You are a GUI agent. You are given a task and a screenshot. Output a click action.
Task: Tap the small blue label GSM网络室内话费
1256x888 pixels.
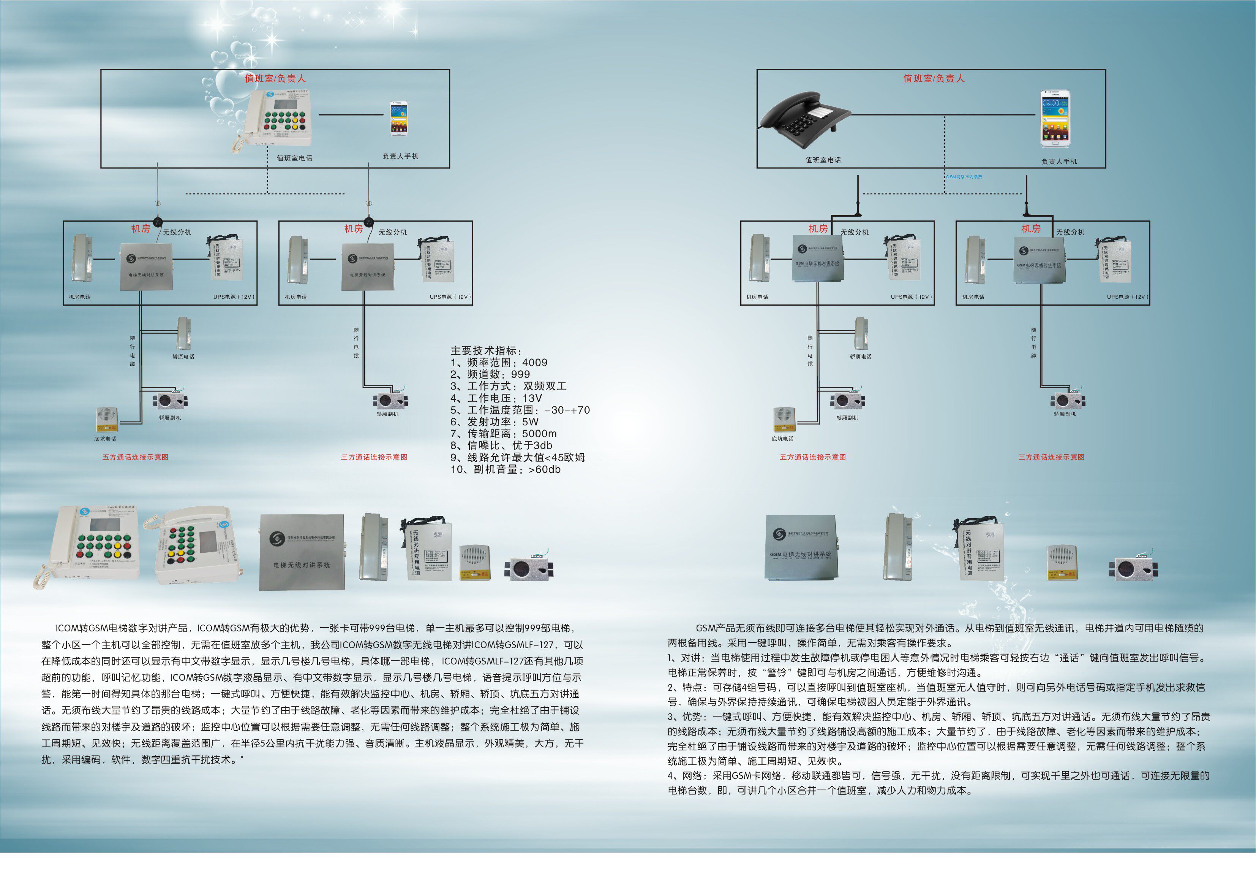(964, 177)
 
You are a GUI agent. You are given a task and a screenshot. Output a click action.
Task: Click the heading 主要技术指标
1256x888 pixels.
(485, 350)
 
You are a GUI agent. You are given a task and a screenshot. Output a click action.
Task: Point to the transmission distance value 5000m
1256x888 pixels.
(539, 434)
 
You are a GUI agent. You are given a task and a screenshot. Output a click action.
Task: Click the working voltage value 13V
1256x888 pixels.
(532, 398)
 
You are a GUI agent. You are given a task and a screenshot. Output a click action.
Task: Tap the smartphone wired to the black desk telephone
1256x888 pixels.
(1054, 118)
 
